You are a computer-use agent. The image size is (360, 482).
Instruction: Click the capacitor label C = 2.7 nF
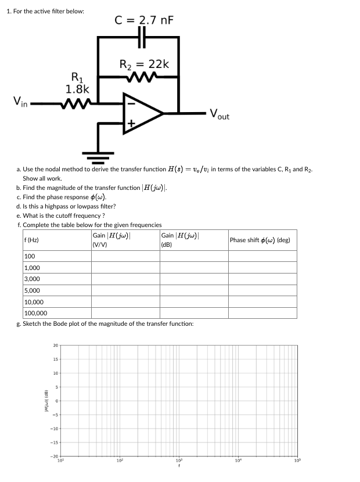[144, 21]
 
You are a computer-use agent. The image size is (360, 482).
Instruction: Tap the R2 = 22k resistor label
[144, 63]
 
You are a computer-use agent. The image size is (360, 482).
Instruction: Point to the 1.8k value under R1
[77, 89]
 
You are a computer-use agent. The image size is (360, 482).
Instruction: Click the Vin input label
[22, 102]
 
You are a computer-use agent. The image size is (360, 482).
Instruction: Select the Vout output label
[219, 114]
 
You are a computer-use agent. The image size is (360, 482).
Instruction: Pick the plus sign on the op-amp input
[131, 124]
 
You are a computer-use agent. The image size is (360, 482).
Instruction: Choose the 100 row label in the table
[30, 257]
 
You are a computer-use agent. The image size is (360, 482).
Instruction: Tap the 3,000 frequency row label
[32, 279]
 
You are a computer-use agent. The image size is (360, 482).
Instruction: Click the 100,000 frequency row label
[36, 314]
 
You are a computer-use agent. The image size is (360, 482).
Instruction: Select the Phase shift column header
[260, 240]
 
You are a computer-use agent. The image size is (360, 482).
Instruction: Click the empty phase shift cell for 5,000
[262, 290]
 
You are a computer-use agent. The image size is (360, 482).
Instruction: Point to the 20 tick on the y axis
[55, 346]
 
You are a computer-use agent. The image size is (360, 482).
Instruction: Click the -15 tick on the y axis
[55, 443]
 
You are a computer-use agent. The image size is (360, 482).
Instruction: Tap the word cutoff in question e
[64, 215]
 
